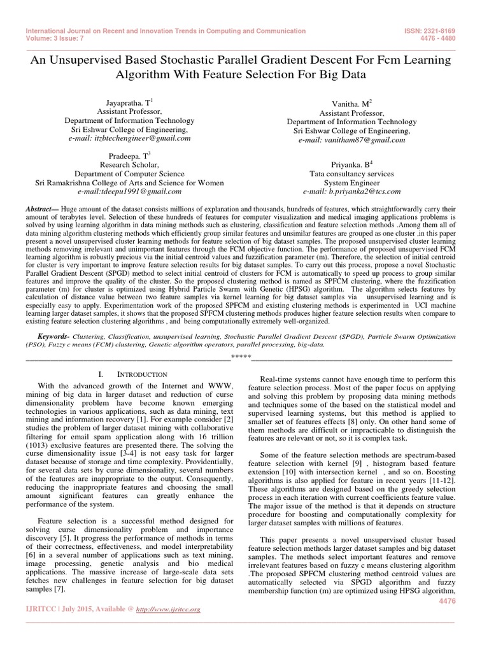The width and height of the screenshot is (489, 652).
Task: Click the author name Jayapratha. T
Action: pyautogui.click(x=129, y=102)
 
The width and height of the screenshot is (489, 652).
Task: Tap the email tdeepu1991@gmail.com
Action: pyautogui.click(x=129, y=191)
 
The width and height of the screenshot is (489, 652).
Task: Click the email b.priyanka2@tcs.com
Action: pyautogui.click(x=351, y=191)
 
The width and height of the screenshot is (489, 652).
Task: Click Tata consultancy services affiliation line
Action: pyautogui.click(x=351, y=173)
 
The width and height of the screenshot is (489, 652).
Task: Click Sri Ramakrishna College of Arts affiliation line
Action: pyautogui.click(x=129, y=182)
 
